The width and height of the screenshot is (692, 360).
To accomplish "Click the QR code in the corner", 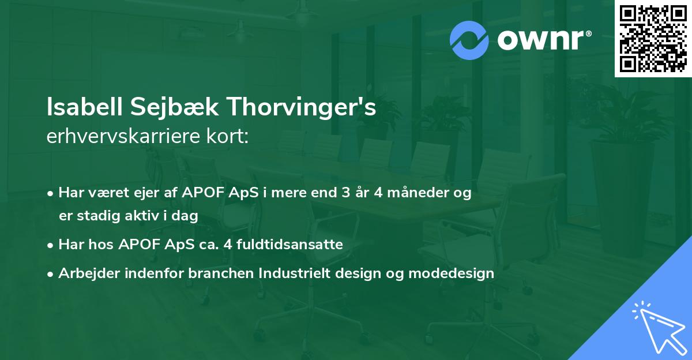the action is click(x=653, y=39).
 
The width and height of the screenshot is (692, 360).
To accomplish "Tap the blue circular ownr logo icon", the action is click(x=469, y=40).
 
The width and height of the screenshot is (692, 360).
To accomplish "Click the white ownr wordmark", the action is click(x=544, y=40).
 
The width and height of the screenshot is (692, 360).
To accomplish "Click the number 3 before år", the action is click(x=345, y=193).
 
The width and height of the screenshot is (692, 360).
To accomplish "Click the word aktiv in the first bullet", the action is click(x=141, y=215).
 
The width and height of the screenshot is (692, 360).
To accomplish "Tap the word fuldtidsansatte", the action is click(x=289, y=244).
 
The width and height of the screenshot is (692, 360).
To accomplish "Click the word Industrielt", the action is click(x=295, y=273).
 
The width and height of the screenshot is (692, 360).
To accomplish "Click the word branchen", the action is click(x=221, y=273).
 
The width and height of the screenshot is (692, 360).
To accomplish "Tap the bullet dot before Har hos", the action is click(x=50, y=246).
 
